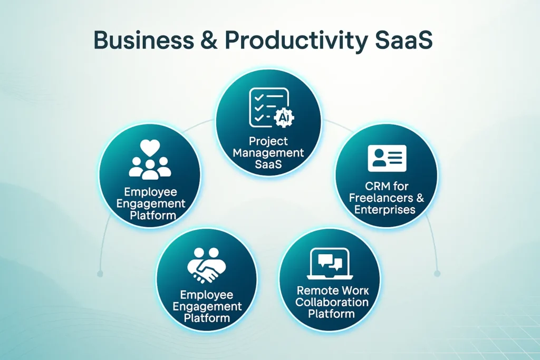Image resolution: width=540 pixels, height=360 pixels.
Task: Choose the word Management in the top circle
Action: [x=269, y=153]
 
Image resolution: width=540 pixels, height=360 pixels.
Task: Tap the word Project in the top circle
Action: [x=269, y=141]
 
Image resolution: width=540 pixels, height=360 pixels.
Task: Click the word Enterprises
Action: [x=385, y=210]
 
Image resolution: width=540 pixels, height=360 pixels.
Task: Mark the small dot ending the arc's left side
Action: [x=99, y=273]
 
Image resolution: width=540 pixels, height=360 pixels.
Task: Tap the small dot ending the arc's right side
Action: [x=437, y=273]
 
